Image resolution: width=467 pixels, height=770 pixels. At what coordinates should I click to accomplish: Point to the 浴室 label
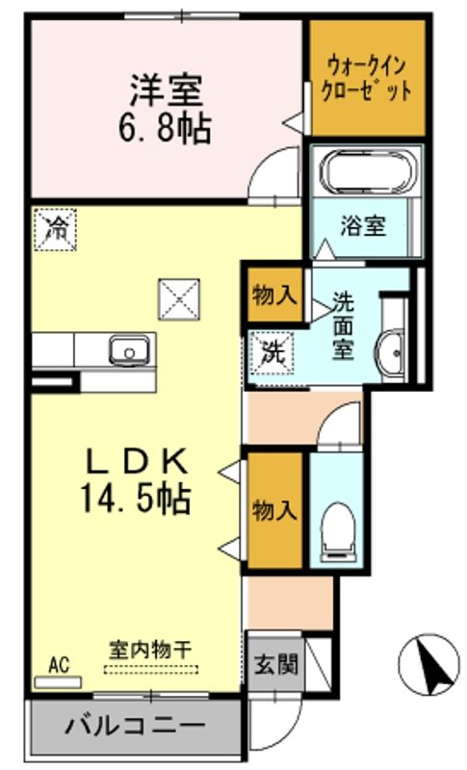coord(363,227)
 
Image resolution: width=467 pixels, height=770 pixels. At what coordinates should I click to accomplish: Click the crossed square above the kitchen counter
coord(178,297)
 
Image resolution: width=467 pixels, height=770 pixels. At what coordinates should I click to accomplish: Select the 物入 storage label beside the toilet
coord(274,510)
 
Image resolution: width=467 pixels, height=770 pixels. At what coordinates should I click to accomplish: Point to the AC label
coord(59,663)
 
